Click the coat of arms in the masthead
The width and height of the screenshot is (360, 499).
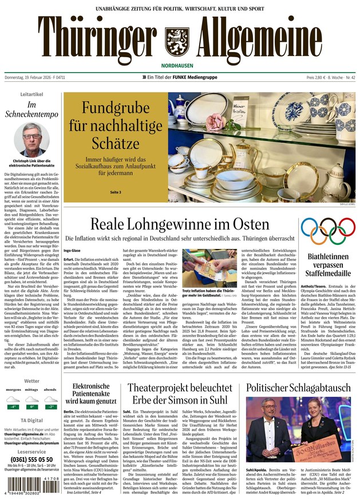tap(176, 40)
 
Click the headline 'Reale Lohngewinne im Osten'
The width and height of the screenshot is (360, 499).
tap(180, 224)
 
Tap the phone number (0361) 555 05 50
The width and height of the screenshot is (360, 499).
tap(32, 459)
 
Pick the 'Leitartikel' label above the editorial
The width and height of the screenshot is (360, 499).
tap(32, 94)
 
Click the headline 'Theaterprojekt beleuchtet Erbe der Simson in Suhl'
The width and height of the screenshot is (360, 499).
tap(179, 395)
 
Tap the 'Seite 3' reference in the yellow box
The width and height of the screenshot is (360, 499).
tap(116, 192)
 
